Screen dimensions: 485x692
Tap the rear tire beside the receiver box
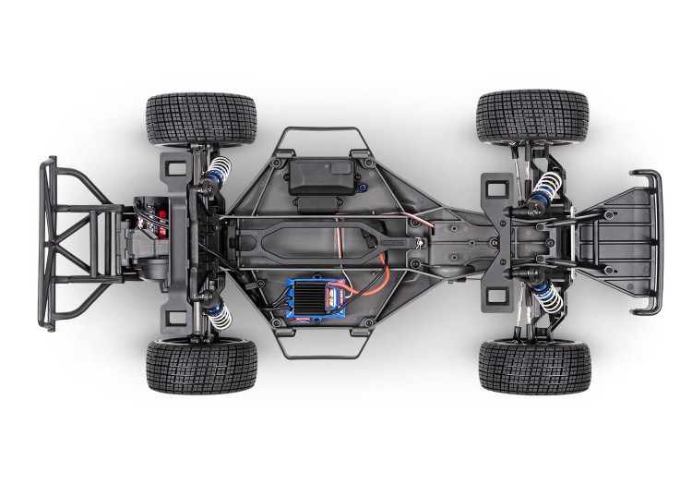[200, 117]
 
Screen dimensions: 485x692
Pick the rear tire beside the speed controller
[201, 366]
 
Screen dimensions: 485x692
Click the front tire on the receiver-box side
[532, 115]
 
